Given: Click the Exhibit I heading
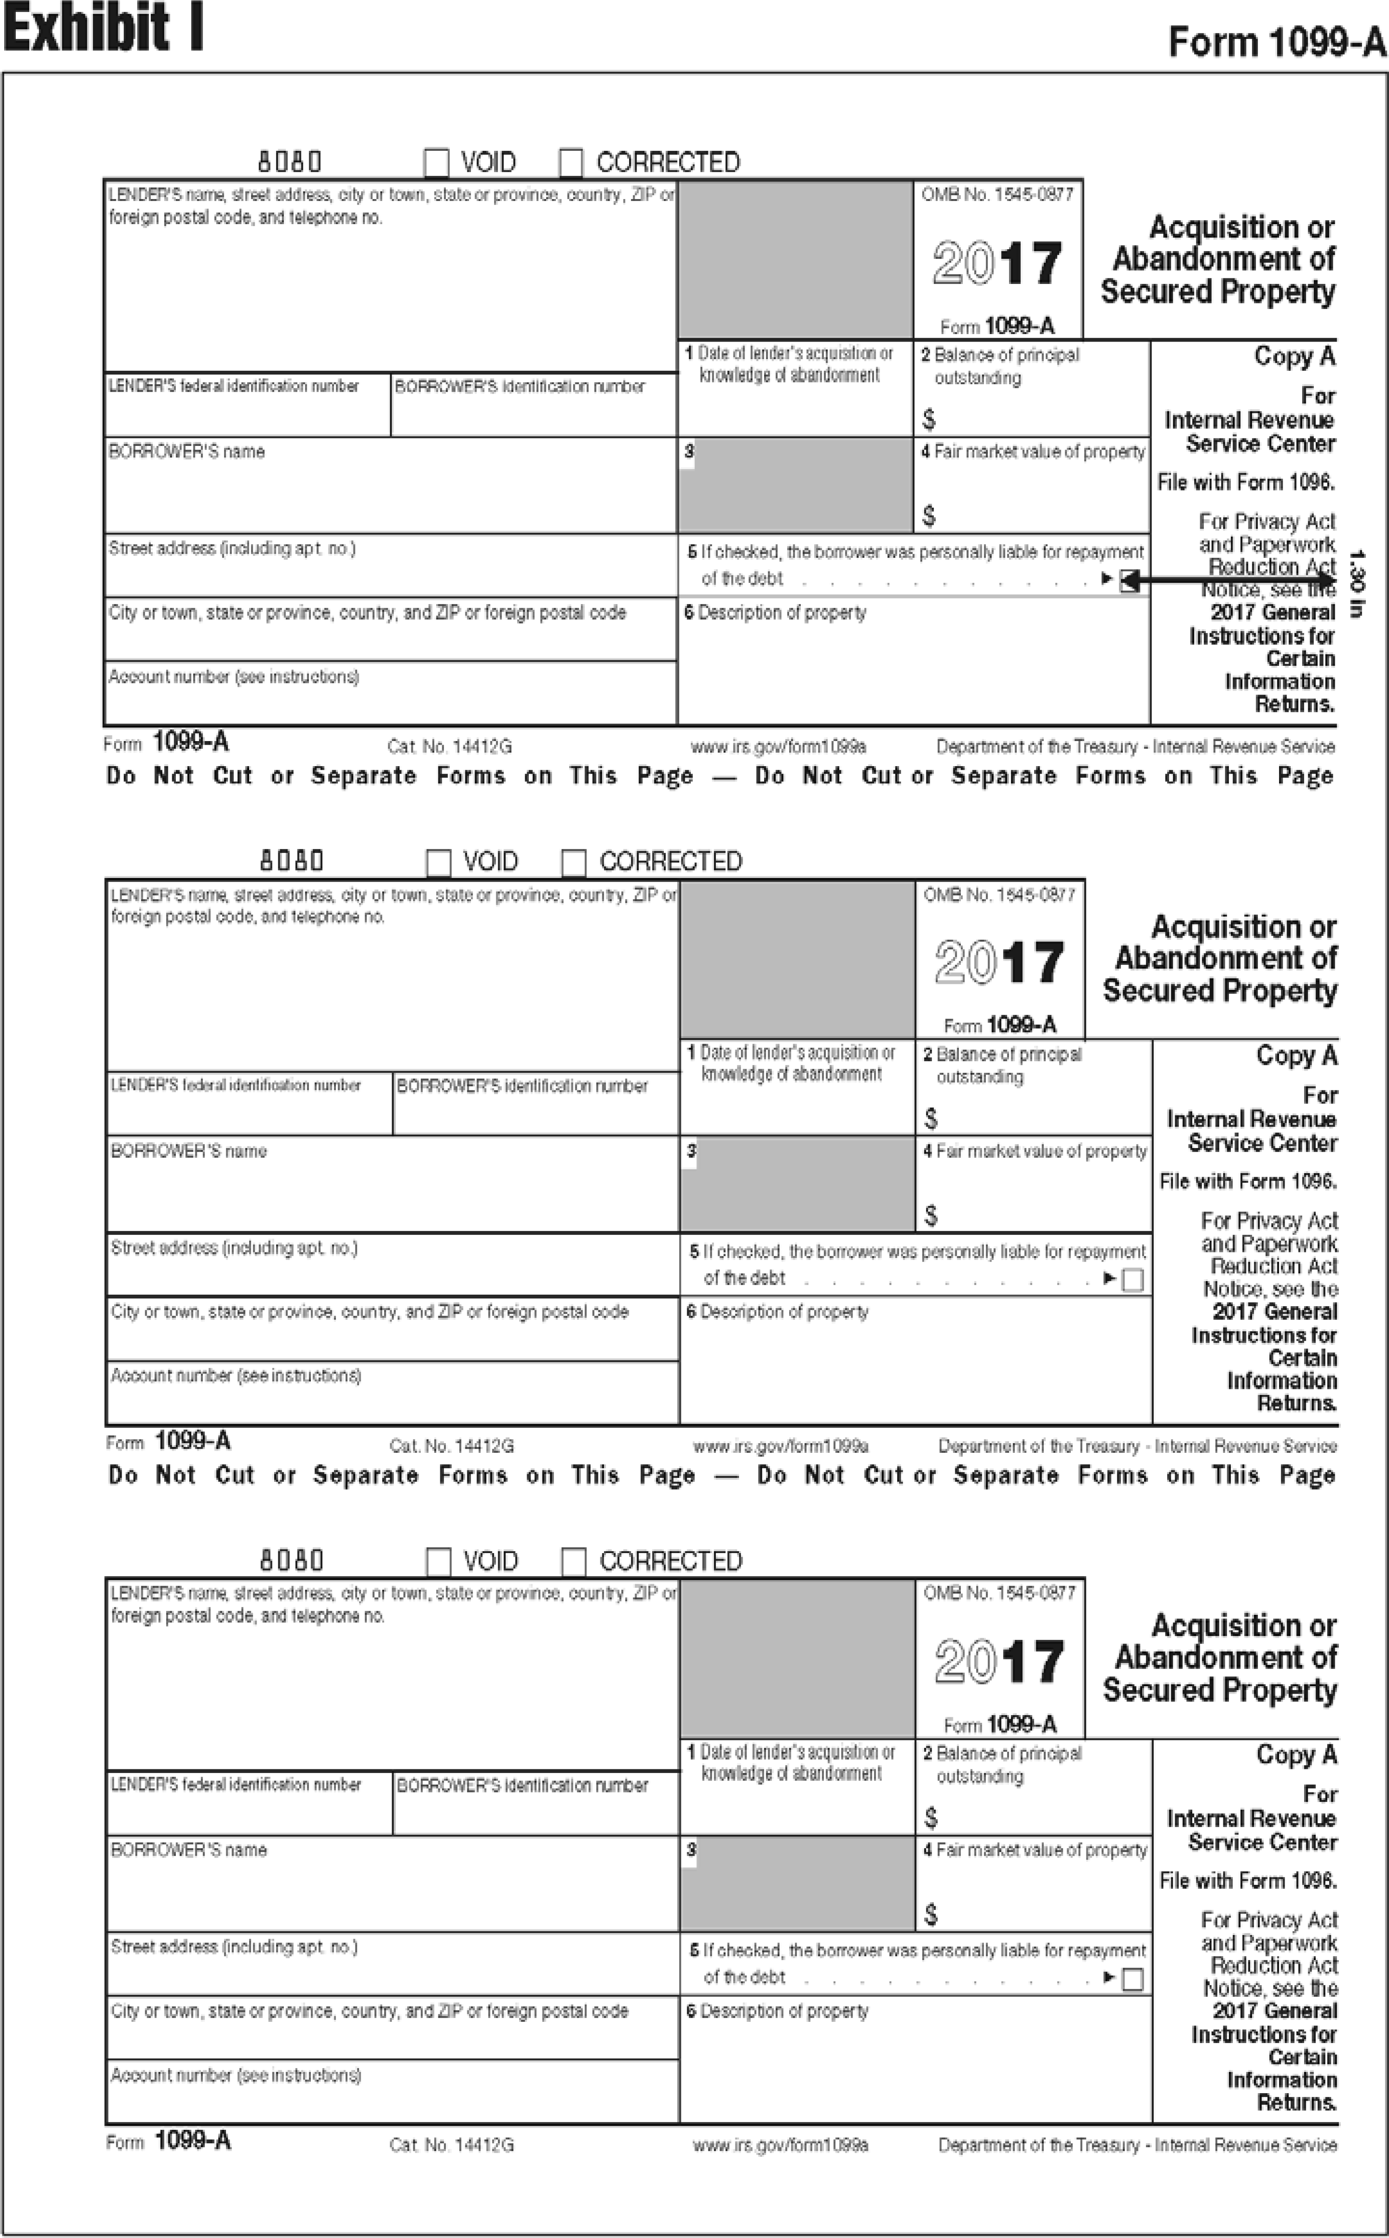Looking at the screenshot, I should (x=103, y=27).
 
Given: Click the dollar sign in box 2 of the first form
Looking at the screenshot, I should (x=929, y=420).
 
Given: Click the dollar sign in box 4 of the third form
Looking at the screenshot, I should (x=931, y=1915).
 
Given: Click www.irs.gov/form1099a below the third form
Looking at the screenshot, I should (x=780, y=2145).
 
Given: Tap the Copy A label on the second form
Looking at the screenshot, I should (x=1296, y=1056).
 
